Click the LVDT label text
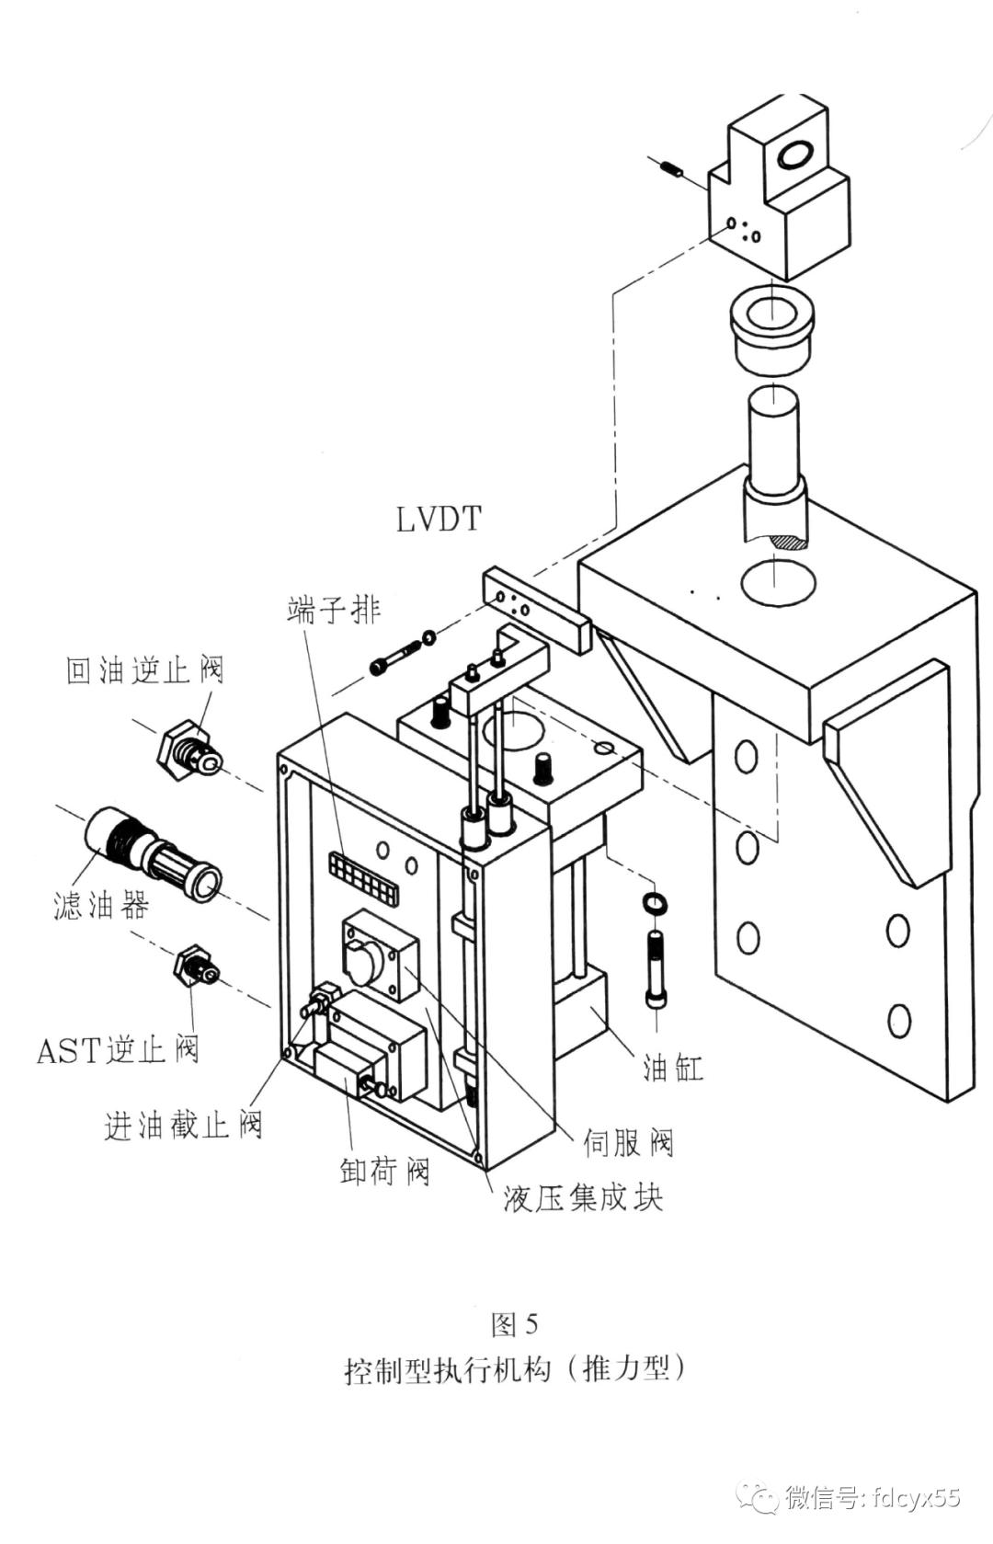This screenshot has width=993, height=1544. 439,520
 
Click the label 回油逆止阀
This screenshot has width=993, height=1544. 144,669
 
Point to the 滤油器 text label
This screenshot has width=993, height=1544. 100,907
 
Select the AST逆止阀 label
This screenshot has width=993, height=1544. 118,1049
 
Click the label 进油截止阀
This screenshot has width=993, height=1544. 183,1124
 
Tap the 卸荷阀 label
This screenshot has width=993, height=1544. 384,1171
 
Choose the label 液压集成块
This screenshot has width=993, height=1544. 583,1197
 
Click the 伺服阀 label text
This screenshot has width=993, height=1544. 629,1142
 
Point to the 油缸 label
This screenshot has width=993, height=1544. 673,1068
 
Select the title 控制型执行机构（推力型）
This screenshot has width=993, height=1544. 515,1368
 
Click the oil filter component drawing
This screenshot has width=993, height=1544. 152,852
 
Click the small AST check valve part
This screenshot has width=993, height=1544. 196,965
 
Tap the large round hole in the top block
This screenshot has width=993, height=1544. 795,154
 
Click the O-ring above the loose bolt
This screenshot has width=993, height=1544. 655,902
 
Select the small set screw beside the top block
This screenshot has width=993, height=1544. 670,169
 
